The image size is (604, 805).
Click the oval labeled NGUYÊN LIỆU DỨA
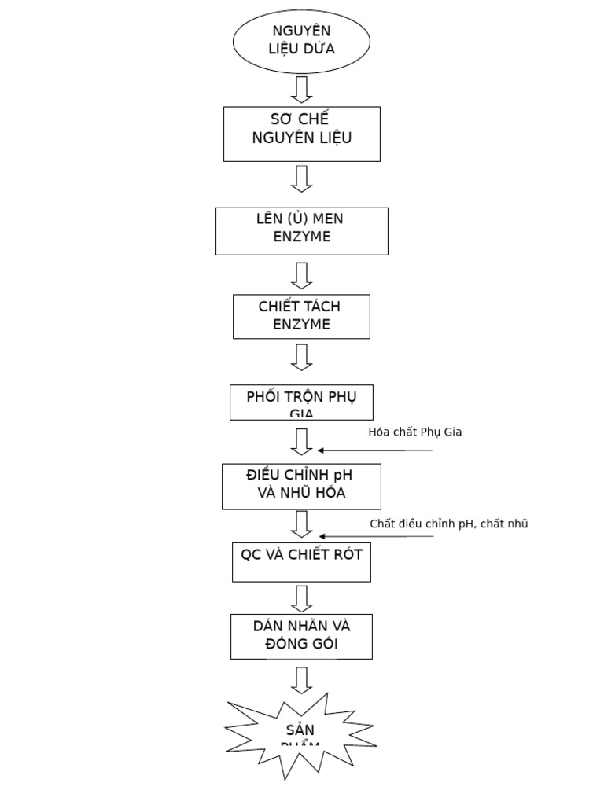[301, 40]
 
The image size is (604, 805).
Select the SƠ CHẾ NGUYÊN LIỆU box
[301, 134]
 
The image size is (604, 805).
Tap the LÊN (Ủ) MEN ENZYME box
[301, 230]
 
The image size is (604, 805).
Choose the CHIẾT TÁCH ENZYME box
[301, 316]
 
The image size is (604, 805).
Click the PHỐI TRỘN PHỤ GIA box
[301, 402]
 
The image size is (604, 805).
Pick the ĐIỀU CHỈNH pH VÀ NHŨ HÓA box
[301, 486]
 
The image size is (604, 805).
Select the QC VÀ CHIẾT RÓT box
[301, 561]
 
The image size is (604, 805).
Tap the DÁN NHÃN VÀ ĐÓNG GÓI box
[301, 636]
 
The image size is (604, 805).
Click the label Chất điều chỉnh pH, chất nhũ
[448, 524]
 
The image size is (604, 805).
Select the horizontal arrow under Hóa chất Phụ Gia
[375, 450]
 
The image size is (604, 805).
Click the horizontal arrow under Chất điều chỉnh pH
[375, 537]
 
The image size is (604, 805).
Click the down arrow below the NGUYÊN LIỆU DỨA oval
[301, 89]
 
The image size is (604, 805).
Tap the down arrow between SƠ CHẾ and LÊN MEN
[301, 178]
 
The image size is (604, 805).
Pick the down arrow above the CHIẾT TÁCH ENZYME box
[301, 275]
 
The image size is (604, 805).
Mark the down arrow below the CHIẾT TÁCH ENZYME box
[301, 357]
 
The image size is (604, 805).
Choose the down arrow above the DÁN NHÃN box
[301, 598]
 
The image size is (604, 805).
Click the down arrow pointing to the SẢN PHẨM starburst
[301, 680]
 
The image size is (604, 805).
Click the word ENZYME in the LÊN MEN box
[301, 237]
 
